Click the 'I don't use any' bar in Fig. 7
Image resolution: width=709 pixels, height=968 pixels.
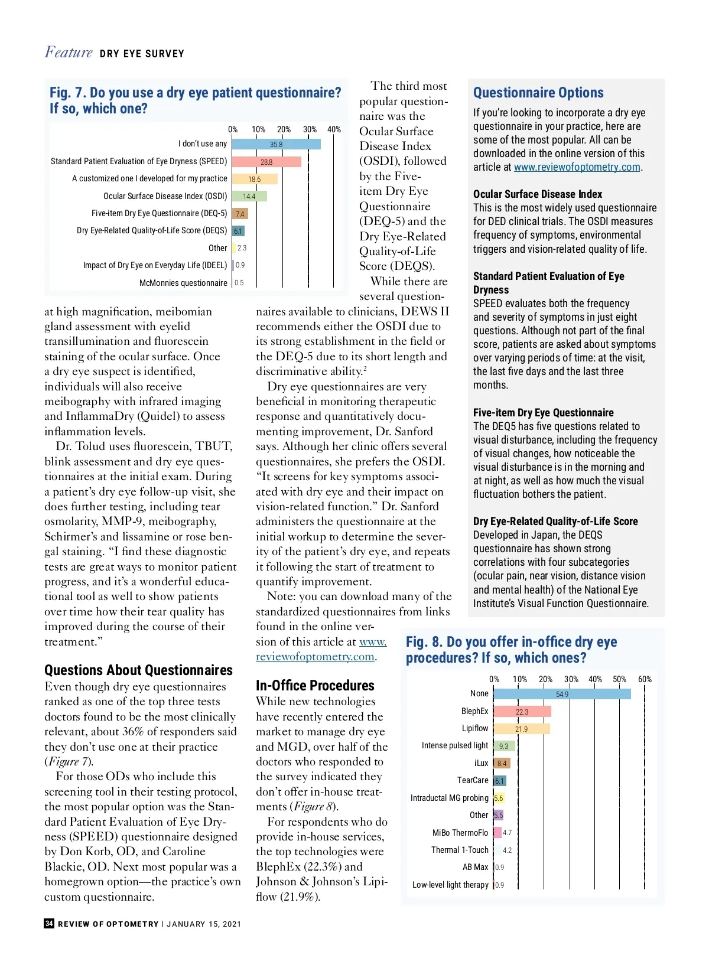(x=276, y=144)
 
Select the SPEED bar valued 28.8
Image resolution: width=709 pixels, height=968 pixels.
(x=266, y=162)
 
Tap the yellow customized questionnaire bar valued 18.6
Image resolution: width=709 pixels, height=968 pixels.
(x=254, y=179)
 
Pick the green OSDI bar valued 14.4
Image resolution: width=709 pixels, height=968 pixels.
(x=249, y=196)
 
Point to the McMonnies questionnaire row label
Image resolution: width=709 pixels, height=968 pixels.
(x=183, y=283)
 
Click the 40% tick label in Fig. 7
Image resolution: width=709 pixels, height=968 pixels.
(x=334, y=129)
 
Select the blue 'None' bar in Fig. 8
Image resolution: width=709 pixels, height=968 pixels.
(x=561, y=694)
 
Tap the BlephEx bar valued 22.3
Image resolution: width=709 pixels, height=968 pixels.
(x=522, y=712)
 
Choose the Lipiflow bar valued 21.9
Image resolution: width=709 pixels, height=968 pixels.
(x=521, y=729)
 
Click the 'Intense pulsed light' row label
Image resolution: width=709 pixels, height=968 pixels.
(x=455, y=745)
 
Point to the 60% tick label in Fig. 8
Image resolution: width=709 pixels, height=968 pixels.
(x=645, y=679)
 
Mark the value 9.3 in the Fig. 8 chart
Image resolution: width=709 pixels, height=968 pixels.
(x=503, y=747)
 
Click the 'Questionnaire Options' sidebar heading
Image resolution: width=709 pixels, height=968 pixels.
(x=538, y=93)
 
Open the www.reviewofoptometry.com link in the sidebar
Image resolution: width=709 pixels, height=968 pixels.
(x=577, y=167)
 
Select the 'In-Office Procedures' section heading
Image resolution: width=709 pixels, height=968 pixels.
(x=315, y=685)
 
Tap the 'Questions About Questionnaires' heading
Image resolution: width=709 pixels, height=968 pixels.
(x=138, y=670)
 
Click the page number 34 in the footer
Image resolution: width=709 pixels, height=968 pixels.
(x=49, y=924)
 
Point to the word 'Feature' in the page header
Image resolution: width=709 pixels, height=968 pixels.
(x=69, y=53)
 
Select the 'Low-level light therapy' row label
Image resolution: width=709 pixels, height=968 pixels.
(x=450, y=885)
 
